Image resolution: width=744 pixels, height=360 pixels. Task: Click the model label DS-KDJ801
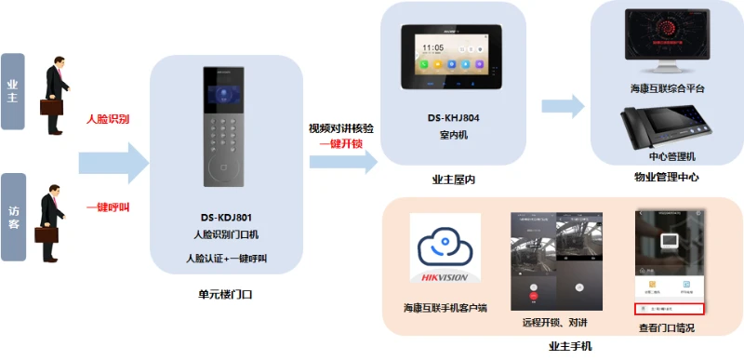coord(226,218)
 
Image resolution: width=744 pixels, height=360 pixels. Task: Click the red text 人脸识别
coord(108,120)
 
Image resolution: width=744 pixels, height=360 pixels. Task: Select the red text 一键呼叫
coord(108,207)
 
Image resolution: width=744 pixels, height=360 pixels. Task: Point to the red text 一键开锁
coord(340,144)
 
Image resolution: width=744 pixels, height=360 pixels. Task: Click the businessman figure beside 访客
coord(53,213)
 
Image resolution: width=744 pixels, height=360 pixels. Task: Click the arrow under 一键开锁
coord(343,163)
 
